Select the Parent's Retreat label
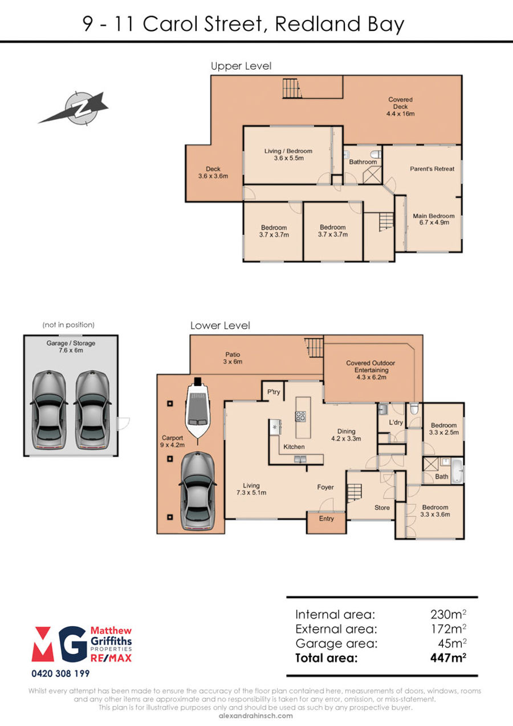click(432, 169)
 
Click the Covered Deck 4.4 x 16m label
click(400, 107)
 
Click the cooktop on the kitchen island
click(300, 416)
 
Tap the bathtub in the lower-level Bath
click(457, 471)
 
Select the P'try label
click(274, 392)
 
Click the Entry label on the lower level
click(326, 518)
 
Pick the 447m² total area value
click(448, 658)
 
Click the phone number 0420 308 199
click(60, 674)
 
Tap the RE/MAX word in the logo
click(111, 658)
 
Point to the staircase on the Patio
click(314, 347)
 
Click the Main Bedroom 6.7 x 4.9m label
click(434, 219)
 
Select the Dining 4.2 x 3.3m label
click(346, 435)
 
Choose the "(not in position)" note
click(68, 325)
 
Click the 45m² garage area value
click(452, 643)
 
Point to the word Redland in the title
click(317, 24)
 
